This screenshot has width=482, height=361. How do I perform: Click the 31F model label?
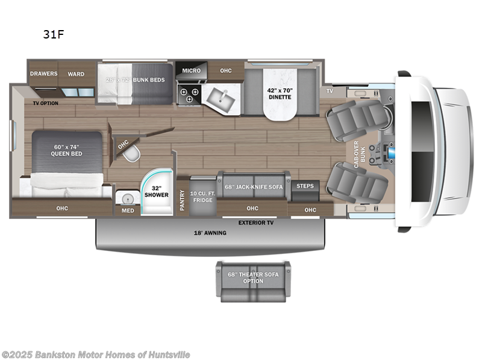coord(53,34)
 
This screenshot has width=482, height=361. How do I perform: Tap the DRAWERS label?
coord(44,74)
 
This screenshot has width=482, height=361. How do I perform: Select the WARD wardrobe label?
coord(76,74)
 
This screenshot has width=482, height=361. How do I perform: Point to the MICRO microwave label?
coord(191,71)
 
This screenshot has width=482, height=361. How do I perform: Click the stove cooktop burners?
coord(186,94)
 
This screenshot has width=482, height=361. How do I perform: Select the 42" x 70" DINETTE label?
coord(279,93)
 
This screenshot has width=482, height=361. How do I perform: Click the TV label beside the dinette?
coord(330,91)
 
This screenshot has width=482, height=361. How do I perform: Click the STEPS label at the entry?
coord(305,186)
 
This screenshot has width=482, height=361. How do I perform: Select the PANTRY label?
coord(183,200)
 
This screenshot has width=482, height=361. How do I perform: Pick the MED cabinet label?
coord(128,211)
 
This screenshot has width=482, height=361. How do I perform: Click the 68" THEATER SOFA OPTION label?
coord(253,278)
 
